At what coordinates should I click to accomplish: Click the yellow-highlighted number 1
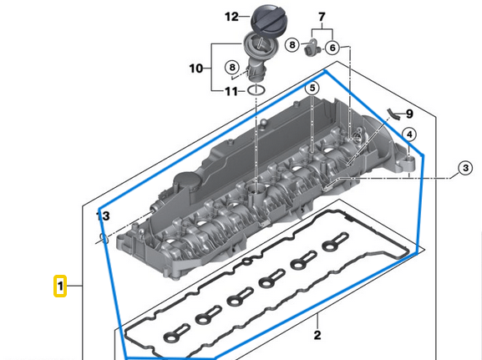coord(60,287)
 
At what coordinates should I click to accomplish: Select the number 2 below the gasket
coord(317,336)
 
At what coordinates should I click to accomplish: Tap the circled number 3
coord(464,169)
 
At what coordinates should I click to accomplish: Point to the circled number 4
coord(408,134)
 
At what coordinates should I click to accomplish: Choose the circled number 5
coord(312,88)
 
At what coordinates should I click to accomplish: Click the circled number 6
coord(332,48)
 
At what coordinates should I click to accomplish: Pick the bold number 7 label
coord(324,17)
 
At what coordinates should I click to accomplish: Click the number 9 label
coord(408,114)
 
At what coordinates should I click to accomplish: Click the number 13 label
coord(102,216)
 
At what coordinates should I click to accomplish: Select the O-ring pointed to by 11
coord(258,89)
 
